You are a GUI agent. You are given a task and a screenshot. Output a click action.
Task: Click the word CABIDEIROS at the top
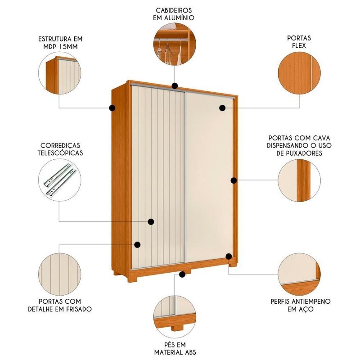(x=174, y=10)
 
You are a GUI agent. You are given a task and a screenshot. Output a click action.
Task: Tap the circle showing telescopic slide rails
(x=60, y=180)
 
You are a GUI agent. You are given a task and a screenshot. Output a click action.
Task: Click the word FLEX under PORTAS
(x=299, y=46)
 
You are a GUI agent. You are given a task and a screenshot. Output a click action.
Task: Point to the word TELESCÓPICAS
(x=60, y=153)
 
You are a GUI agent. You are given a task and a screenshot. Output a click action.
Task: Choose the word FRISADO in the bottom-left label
(x=79, y=309)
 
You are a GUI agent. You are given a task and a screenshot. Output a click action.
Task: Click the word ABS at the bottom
(x=190, y=352)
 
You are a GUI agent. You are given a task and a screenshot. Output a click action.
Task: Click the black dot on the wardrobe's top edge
(x=175, y=86)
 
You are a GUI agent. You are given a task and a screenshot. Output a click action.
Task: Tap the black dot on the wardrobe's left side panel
(x=112, y=108)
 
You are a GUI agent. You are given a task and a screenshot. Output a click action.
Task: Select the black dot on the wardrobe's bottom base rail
(x=182, y=274)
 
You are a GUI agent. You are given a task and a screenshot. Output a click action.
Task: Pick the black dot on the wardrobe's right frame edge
(x=234, y=181)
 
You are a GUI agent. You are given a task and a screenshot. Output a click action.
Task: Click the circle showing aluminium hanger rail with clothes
(x=175, y=44)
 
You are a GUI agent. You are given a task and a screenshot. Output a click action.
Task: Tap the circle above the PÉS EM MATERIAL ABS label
(x=175, y=317)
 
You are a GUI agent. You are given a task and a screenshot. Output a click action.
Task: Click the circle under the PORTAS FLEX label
(x=299, y=73)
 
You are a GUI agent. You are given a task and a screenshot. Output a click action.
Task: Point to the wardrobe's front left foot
(x=132, y=279)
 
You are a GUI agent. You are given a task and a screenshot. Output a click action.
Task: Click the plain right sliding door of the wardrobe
(x=209, y=177)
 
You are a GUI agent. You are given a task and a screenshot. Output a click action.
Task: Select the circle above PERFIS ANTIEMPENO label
(x=299, y=274)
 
